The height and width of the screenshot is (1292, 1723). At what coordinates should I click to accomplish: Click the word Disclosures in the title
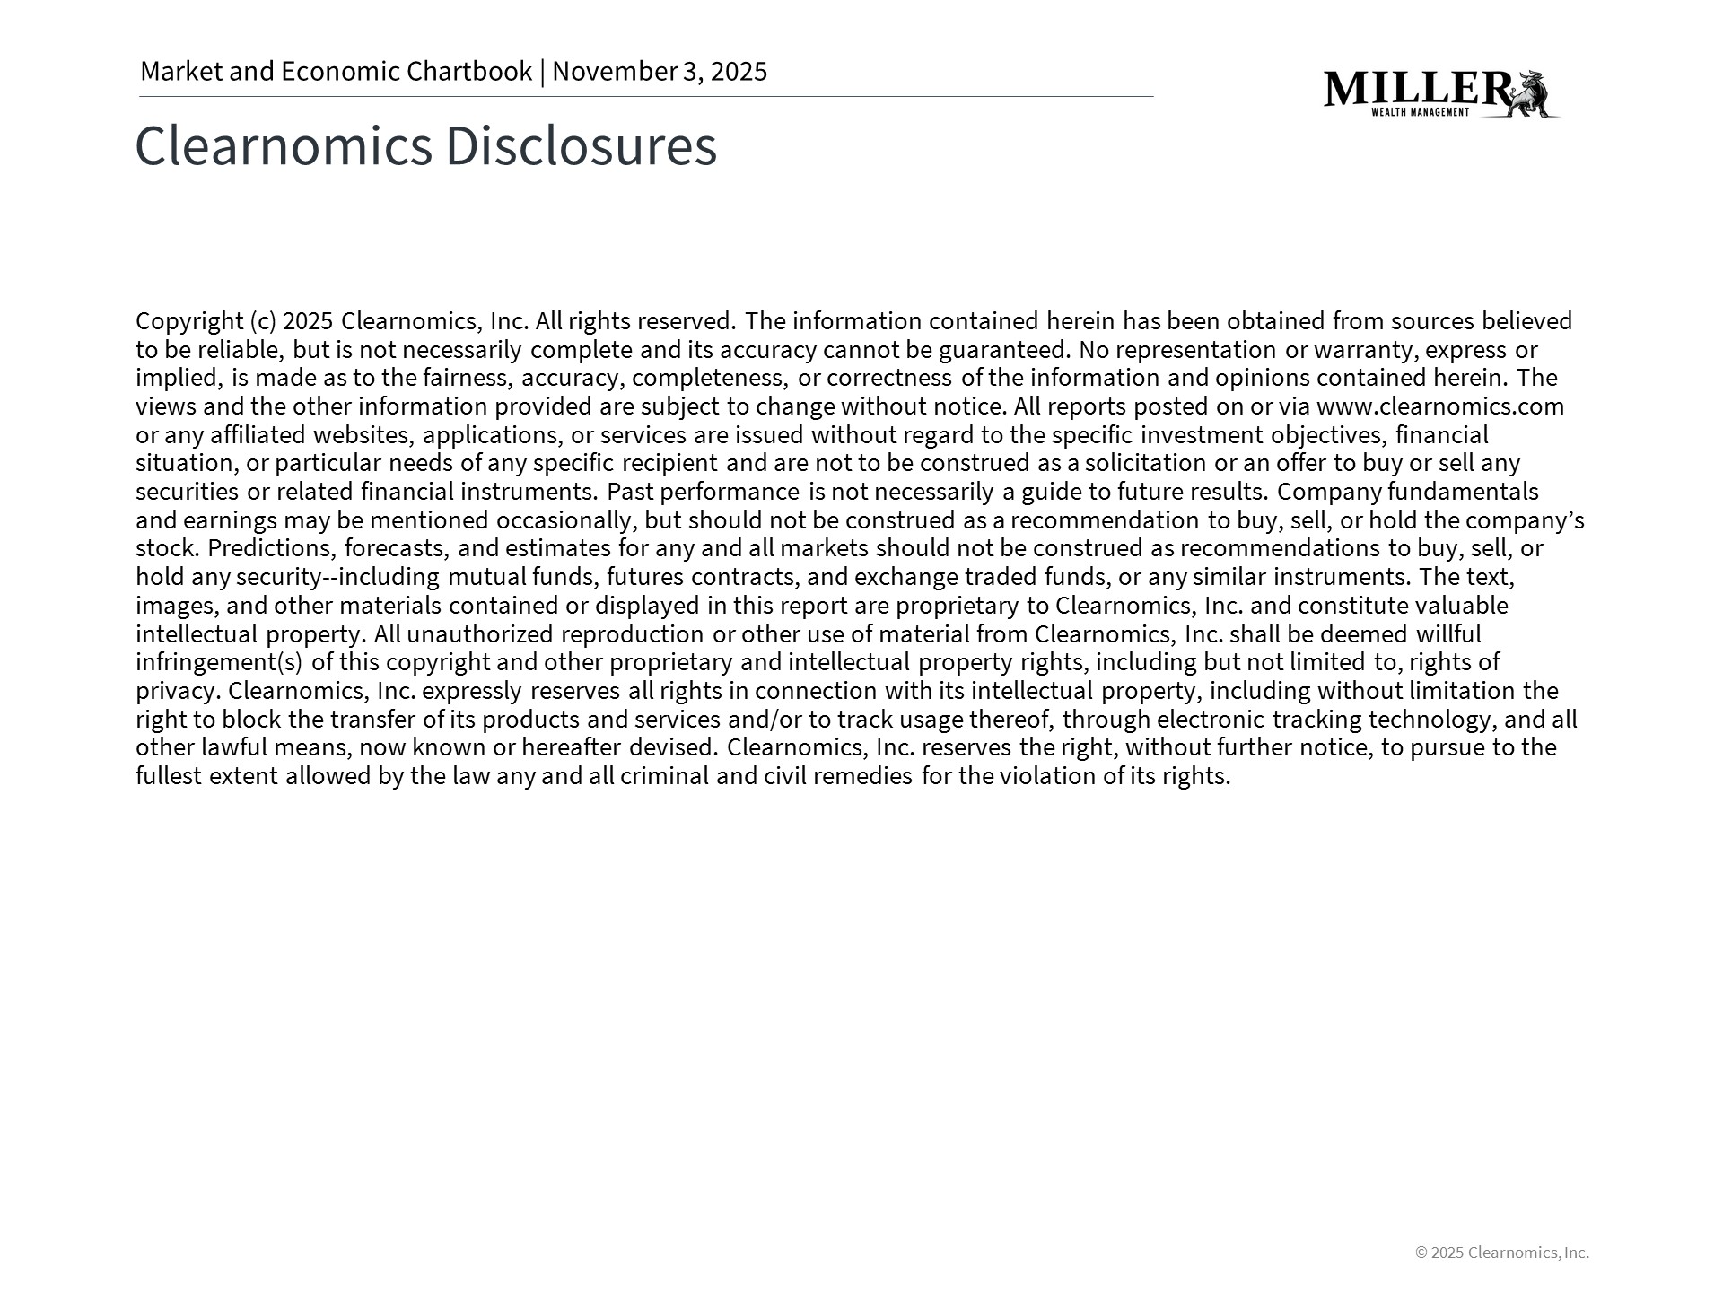coord(581,145)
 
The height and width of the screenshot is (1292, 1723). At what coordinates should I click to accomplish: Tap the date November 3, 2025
coord(660,72)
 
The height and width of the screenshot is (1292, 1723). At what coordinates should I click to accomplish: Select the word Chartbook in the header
coord(469,72)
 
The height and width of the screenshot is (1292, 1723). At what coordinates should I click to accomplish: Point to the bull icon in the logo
coord(1535,94)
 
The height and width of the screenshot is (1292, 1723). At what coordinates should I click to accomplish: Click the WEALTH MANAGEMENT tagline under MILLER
coord(1420,112)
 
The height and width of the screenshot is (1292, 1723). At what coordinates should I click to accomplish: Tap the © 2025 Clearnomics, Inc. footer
coord(1501,1253)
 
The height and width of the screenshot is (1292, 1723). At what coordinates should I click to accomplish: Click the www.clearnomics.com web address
coord(1439,406)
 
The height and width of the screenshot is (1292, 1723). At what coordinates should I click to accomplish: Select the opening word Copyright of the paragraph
coord(189,321)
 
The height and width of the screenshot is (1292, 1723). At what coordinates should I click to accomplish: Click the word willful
coord(1448,634)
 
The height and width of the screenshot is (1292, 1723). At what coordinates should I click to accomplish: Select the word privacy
coord(177,692)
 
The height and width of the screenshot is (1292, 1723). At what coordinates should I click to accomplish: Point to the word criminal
coord(664,776)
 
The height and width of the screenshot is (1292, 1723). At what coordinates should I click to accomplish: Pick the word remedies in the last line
coord(862,776)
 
